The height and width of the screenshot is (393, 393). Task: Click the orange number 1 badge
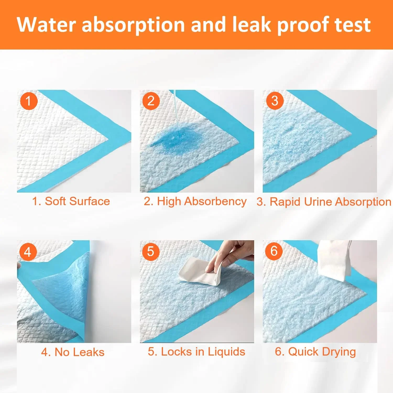(29, 101)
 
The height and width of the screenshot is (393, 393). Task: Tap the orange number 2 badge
(151, 101)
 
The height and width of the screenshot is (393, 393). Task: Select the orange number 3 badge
(275, 101)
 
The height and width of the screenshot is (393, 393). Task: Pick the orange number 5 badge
(151, 252)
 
